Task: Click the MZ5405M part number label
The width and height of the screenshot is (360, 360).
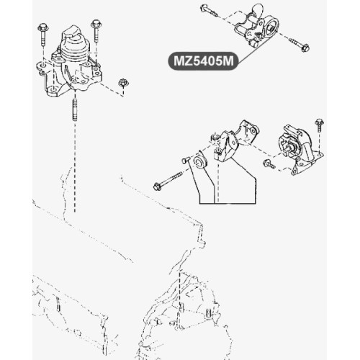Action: point(203,61)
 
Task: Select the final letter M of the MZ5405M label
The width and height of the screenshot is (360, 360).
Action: point(228,61)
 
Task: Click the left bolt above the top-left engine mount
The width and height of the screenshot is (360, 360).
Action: point(43,35)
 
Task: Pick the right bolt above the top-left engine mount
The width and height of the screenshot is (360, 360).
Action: point(96,31)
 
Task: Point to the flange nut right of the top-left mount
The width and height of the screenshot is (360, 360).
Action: point(123,83)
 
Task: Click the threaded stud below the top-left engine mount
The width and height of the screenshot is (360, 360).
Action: point(75,110)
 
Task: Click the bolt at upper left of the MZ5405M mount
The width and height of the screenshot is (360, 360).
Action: point(209,11)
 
